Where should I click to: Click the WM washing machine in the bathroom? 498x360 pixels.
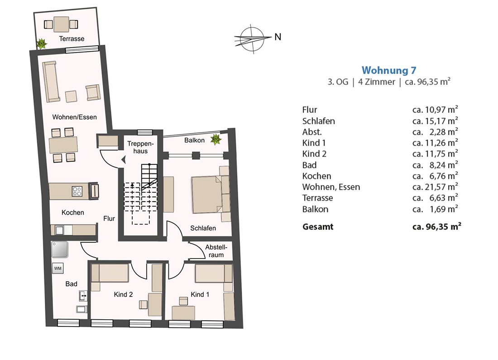pyautogui.click(x=58, y=268)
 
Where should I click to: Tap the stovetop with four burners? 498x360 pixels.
pyautogui.click(x=77, y=191)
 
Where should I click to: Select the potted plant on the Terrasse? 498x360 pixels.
pyautogui.click(x=41, y=43)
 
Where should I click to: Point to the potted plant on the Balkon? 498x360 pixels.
pyautogui.click(x=215, y=139)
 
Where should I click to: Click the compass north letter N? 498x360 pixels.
pyautogui.click(x=278, y=37)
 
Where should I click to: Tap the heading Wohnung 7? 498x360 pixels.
pyautogui.click(x=389, y=70)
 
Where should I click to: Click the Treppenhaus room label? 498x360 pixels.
pyautogui.click(x=140, y=148)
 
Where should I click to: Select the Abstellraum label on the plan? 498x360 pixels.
pyautogui.click(x=216, y=251)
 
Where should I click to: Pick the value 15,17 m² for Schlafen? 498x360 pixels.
pyautogui.click(x=435, y=121)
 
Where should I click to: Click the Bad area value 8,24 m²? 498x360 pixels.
pyautogui.click(x=435, y=165)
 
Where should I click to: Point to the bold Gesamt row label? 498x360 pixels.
pyautogui.click(x=318, y=227)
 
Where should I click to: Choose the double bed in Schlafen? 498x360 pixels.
pyautogui.click(x=210, y=194)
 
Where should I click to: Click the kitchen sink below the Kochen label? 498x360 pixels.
pyautogui.click(x=59, y=230)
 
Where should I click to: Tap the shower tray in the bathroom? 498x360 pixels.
pyautogui.click(x=60, y=250)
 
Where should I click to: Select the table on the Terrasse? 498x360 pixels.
pyautogui.click(x=61, y=24)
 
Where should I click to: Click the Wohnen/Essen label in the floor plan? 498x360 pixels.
pyautogui.click(x=74, y=117)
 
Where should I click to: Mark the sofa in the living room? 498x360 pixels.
pyautogui.click(x=51, y=82)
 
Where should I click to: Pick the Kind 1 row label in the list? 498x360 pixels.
pyautogui.click(x=314, y=143)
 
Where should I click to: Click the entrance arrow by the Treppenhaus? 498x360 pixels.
pyautogui.click(x=123, y=160)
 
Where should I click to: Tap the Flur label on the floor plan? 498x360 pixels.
pyautogui.click(x=109, y=219)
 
